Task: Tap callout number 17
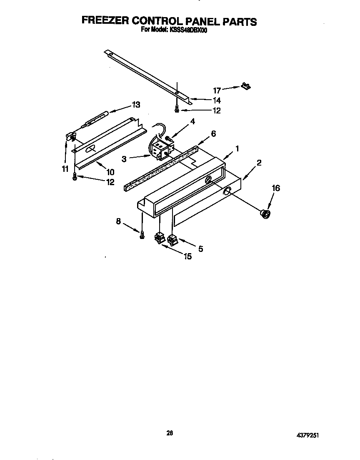[x=217, y=90]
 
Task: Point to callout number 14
[x=217, y=101]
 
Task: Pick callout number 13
[x=136, y=105]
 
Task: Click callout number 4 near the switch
[x=192, y=122]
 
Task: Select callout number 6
[x=213, y=134]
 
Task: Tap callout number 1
[x=237, y=148]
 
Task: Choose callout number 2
[x=259, y=163]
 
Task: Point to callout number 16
[x=276, y=188]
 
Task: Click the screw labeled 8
[x=142, y=236]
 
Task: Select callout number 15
[x=187, y=257]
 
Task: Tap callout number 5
[x=200, y=249]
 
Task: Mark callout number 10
[x=110, y=172]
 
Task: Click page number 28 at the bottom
[x=170, y=433]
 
